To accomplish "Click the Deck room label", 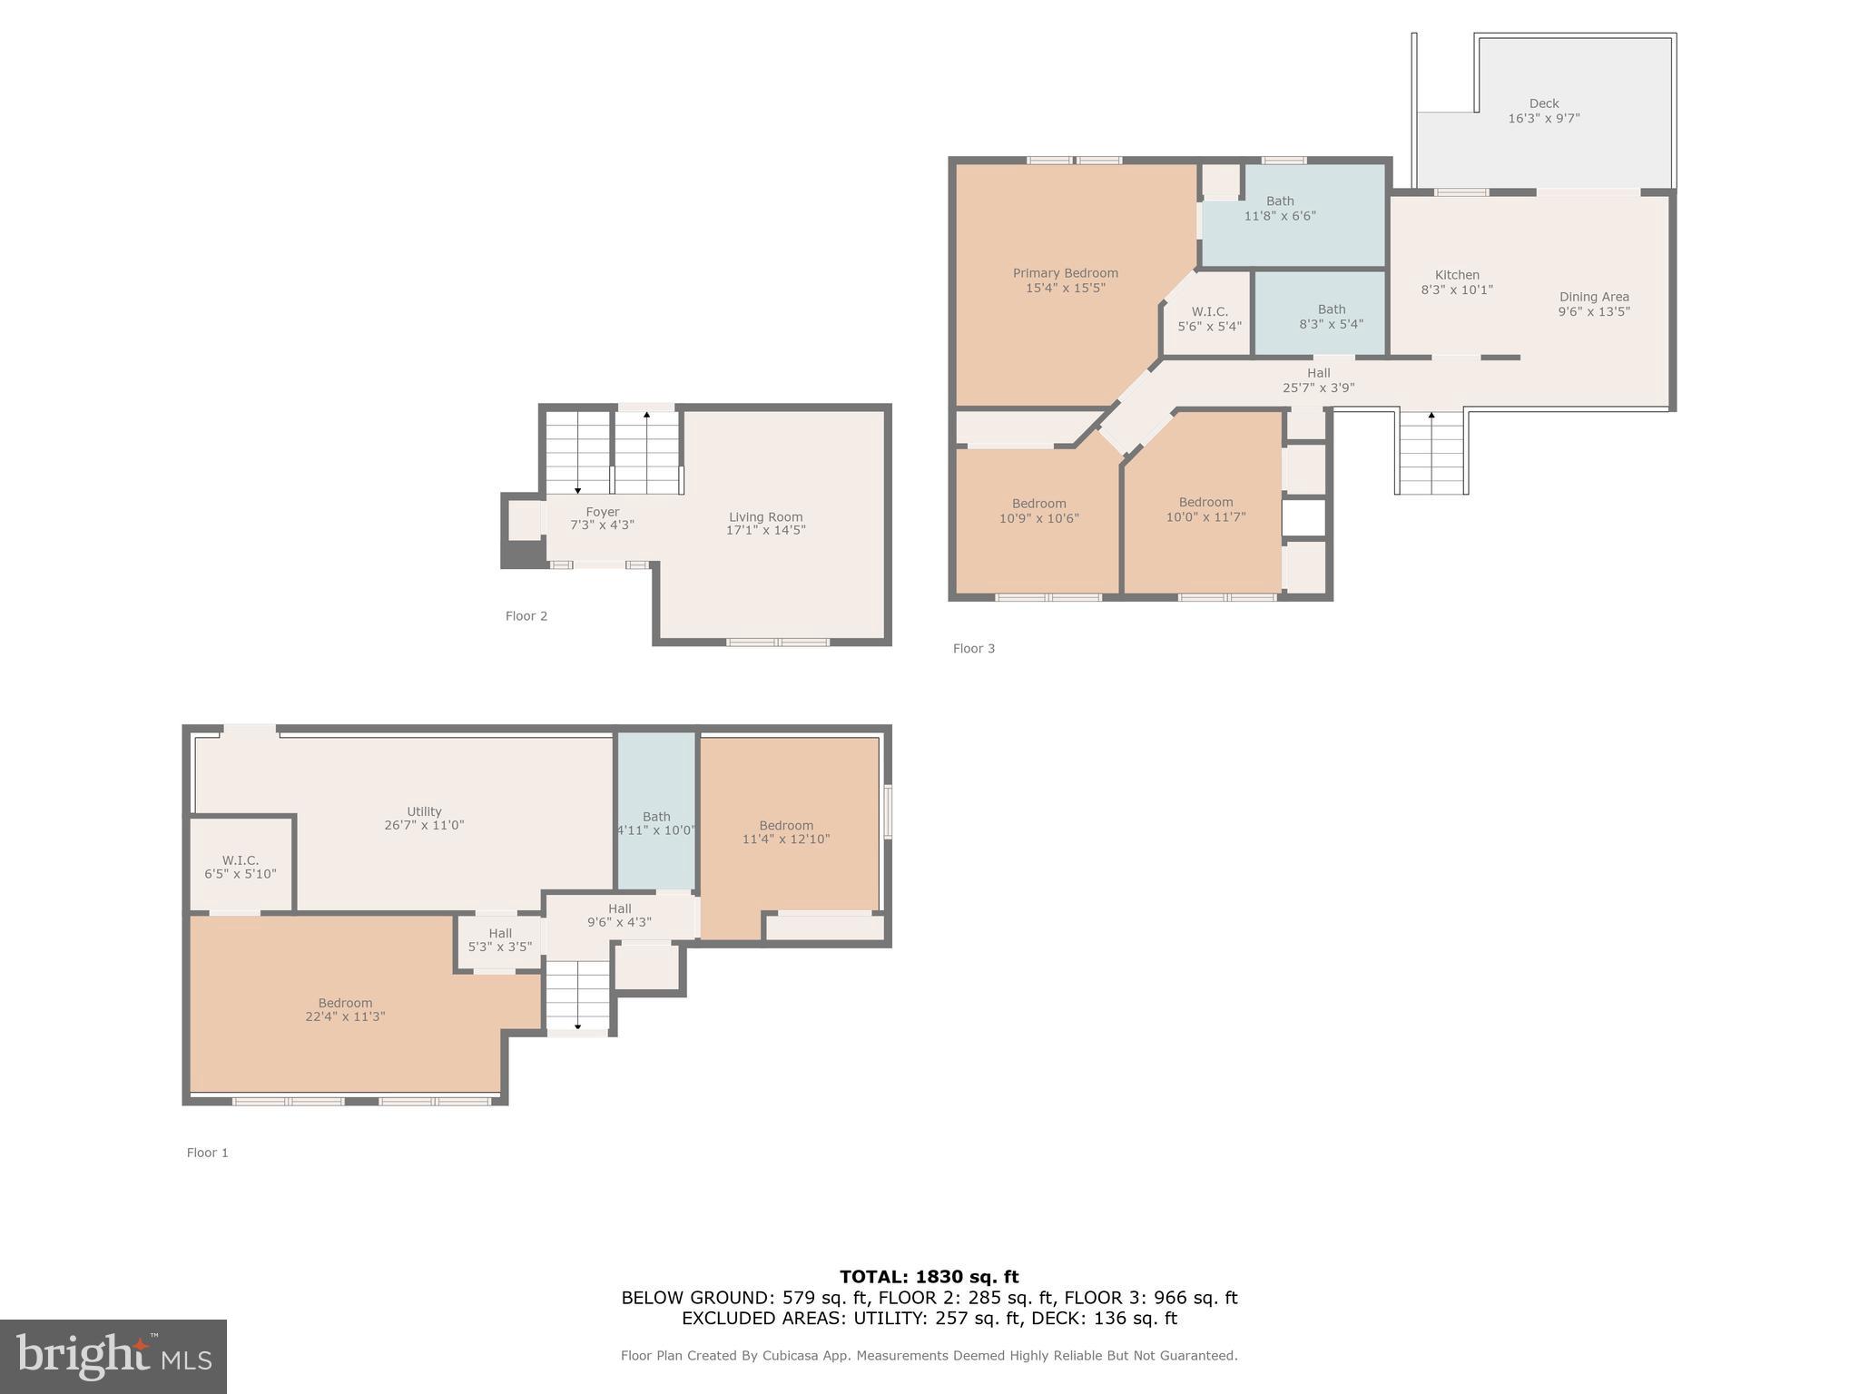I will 1543,111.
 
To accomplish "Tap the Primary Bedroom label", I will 1065,280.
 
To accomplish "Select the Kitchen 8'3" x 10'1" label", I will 1456,282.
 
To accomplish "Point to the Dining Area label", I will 1593,304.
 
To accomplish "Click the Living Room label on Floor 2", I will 765,524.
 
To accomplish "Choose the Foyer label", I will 602,518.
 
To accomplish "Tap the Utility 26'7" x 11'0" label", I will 424,818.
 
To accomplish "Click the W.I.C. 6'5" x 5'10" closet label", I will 241,867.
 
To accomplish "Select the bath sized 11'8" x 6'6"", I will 1279,209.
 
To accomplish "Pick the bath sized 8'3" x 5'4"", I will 1331,317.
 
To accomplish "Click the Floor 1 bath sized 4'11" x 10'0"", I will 656,823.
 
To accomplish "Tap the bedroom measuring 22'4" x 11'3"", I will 345,1009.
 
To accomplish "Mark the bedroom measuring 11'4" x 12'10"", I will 786,832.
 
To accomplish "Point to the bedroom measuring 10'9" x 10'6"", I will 1038,511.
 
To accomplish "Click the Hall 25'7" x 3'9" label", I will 1318,380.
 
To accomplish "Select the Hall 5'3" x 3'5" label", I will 500,940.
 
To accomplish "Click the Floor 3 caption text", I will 973,648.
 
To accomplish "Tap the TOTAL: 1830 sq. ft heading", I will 929,1277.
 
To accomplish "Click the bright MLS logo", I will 113,1356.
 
